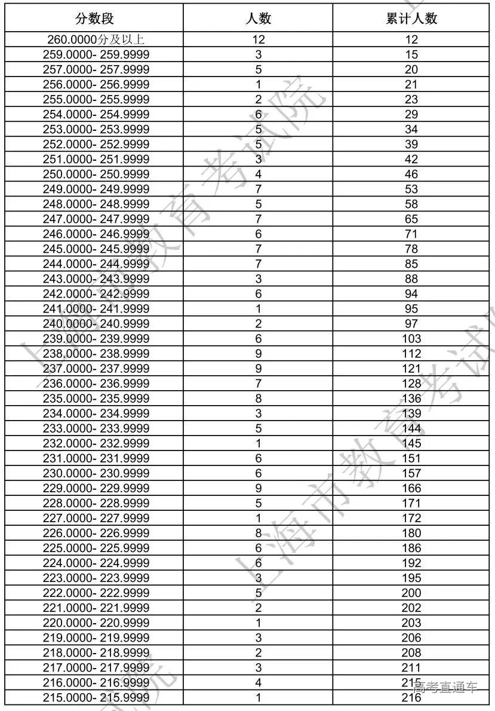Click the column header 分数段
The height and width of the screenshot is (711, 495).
[94, 19]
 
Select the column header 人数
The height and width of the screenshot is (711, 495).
[258, 19]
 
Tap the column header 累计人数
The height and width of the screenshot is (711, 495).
[411, 19]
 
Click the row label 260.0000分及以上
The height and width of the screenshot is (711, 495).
[96, 40]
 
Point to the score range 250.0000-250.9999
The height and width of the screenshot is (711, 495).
[96, 174]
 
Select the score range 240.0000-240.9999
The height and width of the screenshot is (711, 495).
[96, 324]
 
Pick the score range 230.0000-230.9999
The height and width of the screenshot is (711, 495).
[96, 473]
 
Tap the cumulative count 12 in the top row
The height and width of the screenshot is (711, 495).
[411, 40]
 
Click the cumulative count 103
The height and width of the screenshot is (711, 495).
[411, 339]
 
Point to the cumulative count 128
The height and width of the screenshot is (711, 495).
[411, 384]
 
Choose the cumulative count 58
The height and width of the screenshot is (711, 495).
[411, 204]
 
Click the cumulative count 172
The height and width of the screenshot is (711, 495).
[411, 518]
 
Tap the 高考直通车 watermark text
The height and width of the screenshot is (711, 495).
[446, 687]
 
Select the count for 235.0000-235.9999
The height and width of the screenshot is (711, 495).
[258, 399]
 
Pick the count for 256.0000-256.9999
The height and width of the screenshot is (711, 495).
[258, 85]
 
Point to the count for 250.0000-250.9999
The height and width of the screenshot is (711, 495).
[258, 174]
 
